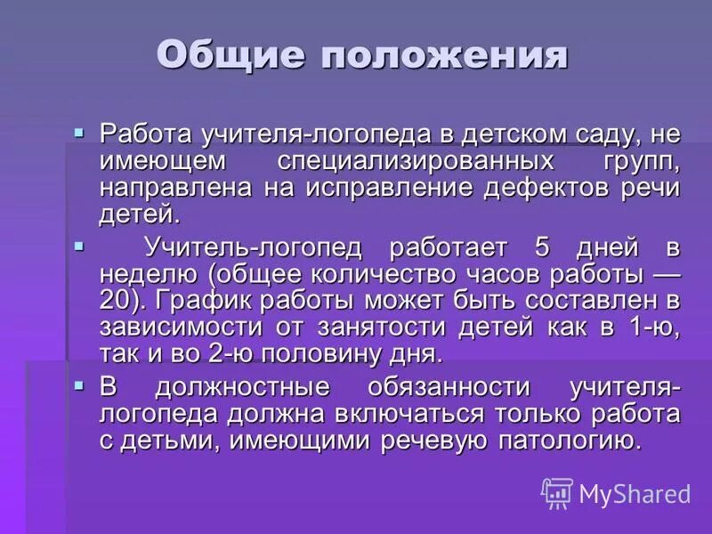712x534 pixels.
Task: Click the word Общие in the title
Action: coord(232,55)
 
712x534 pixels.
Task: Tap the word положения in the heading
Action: coord(445,55)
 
